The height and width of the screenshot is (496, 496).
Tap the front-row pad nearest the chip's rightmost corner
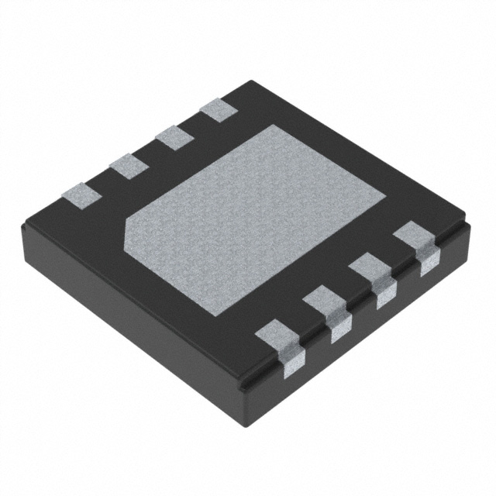pos(413,236)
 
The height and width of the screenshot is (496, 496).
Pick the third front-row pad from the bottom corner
pos(368,269)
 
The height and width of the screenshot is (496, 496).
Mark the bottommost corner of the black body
pos(247,387)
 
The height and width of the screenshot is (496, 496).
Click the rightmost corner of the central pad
pos(385,195)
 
